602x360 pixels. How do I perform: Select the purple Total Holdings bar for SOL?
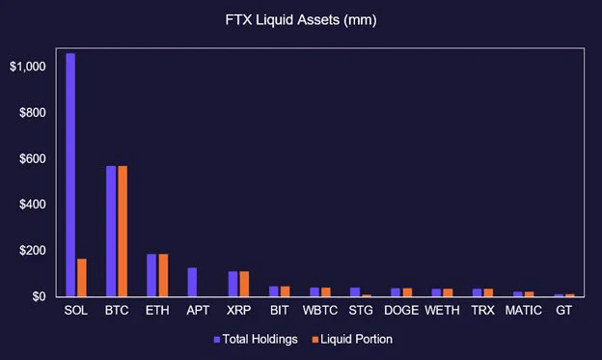point(70,175)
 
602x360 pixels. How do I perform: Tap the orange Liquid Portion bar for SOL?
point(81,278)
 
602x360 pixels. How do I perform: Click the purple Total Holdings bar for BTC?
point(111,232)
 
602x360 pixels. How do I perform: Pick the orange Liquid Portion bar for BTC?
point(123,232)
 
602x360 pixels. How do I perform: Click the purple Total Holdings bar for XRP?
point(233,284)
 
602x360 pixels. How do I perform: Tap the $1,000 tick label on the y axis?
point(28,67)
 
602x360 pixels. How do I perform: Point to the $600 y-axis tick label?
point(33,158)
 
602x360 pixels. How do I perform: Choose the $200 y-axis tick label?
point(33,250)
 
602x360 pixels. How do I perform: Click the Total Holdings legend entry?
point(257,339)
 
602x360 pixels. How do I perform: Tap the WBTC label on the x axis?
point(318,312)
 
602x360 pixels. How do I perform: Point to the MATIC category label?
point(522,312)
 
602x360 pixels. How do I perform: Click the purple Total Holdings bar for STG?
point(354,291)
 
